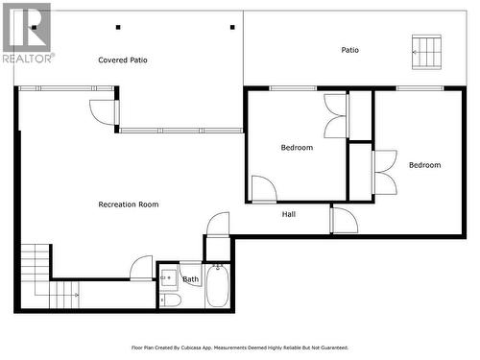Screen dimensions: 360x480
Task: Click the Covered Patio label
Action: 123,60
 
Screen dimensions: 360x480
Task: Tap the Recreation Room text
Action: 128,204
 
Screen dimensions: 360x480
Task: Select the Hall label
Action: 288,214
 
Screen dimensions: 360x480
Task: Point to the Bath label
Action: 190,280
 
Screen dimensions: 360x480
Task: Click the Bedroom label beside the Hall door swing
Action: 297,148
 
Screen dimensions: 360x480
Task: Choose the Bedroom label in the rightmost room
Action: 424,165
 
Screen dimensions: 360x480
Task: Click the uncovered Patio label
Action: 350,50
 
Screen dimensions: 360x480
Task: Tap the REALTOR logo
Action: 26,32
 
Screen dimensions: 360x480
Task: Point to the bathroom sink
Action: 167,280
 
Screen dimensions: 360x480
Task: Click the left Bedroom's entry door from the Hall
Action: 263,188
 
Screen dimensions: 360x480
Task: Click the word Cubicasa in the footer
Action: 218,348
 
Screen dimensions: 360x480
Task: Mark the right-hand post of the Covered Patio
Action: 233,28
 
